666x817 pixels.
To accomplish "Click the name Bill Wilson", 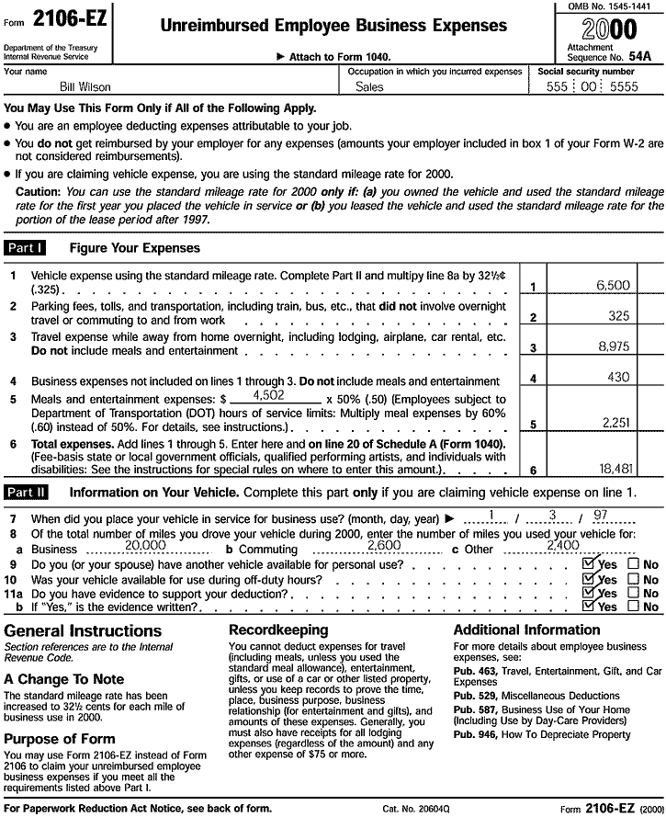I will coord(61,87).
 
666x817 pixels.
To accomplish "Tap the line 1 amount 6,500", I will coord(613,286).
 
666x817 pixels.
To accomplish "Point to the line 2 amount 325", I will coord(618,316).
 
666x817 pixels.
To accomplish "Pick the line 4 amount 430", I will coord(618,377).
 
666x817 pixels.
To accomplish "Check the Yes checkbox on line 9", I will coord(589,564).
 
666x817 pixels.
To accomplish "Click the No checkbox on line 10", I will coord(633,579).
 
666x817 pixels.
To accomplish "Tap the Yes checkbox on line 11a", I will coord(589,593).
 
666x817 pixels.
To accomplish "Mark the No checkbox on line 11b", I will coord(633,607).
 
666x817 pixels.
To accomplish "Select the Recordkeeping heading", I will coord(277,630).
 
